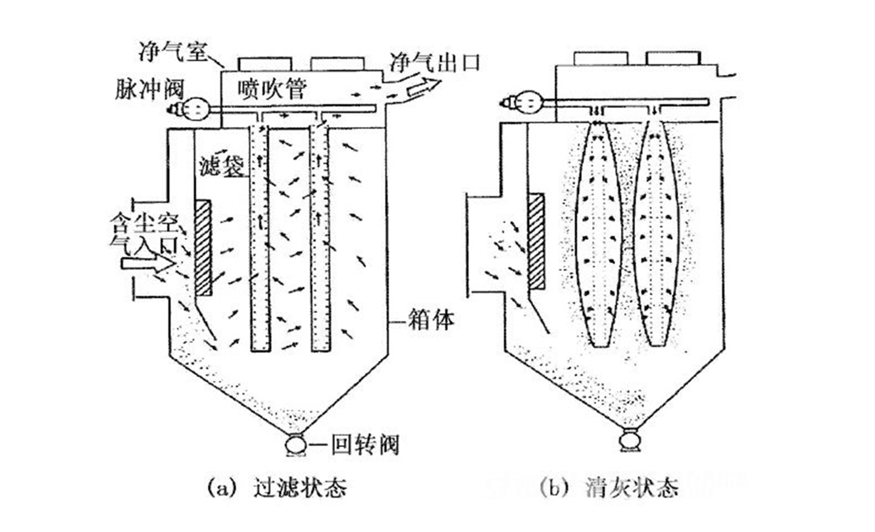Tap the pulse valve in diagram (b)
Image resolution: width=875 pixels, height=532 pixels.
point(526,103)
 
